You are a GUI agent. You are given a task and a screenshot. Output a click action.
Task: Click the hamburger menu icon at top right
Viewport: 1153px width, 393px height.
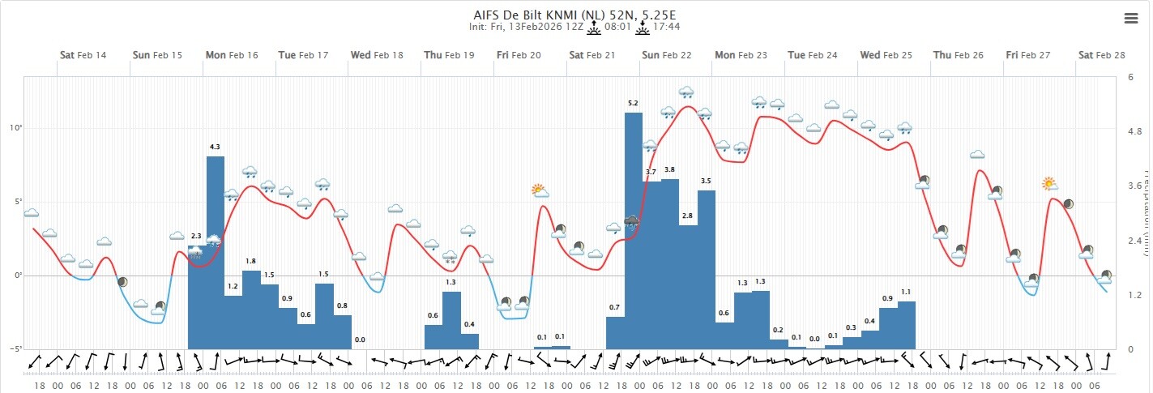[x=1131, y=19]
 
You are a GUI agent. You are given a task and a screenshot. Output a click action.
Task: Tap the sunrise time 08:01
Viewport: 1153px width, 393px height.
[x=616, y=27]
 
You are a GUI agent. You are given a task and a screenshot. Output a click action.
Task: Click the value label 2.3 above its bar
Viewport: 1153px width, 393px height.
[x=196, y=236]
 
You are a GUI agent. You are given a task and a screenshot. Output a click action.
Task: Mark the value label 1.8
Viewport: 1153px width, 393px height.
[x=251, y=261]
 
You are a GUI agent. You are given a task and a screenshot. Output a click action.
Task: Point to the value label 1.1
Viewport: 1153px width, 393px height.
[x=907, y=292]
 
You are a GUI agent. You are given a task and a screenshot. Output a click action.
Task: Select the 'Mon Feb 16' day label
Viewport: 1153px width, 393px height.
[x=231, y=55]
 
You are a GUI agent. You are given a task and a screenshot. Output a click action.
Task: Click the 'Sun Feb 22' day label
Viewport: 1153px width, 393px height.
[x=666, y=55]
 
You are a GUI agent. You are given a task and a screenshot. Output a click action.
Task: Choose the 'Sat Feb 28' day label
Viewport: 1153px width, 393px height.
[x=1101, y=55]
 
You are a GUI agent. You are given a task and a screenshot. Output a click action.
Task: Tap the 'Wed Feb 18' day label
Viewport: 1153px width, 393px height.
[x=376, y=55]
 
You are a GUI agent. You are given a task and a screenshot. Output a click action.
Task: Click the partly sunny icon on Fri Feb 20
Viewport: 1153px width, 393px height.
[x=540, y=191]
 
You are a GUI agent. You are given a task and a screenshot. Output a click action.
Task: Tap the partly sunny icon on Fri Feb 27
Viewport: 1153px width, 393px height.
[x=1050, y=184]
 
